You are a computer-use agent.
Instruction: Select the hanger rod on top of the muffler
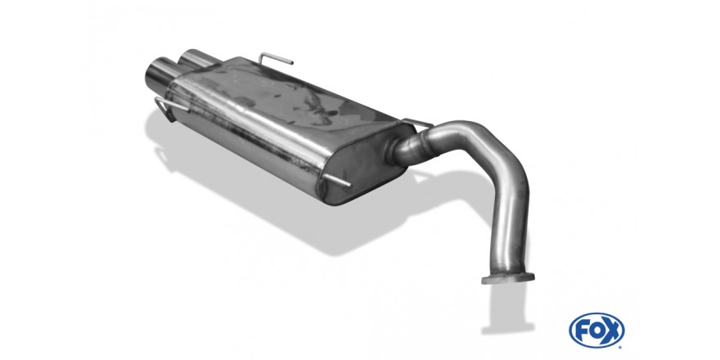275,58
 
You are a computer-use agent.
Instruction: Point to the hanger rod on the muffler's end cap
336,181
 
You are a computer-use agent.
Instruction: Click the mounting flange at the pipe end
507,278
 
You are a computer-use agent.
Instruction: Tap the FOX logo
596,331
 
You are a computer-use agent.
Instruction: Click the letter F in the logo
583,331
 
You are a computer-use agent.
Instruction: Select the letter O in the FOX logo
596,331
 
